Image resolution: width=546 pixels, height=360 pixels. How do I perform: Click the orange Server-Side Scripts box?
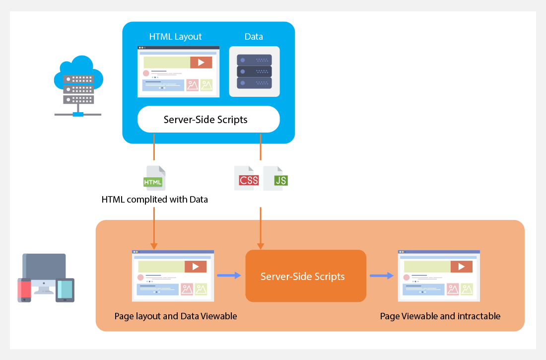coord(305,276)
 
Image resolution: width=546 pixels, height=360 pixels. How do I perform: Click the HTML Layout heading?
coord(176,37)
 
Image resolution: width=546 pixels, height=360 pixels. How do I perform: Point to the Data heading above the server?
coord(254,37)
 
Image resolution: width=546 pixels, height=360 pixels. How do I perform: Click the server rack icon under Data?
coord(254,72)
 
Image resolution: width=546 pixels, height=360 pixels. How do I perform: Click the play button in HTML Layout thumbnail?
coord(201,63)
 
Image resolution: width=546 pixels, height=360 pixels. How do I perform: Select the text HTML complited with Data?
coord(154,200)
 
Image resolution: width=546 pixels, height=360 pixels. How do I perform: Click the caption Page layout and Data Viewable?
coord(176,316)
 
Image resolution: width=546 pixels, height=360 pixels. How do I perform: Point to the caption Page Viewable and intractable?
coord(440,316)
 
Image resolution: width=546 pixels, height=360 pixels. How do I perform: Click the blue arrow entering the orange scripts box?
coord(229,275)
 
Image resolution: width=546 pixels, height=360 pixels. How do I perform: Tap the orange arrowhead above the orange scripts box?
coord(261,246)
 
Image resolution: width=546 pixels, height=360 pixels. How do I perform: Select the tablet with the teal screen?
coord(65,289)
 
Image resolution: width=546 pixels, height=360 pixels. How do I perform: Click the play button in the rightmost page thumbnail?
coord(462,267)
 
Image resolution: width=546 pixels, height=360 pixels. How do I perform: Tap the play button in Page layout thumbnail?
coord(196,267)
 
